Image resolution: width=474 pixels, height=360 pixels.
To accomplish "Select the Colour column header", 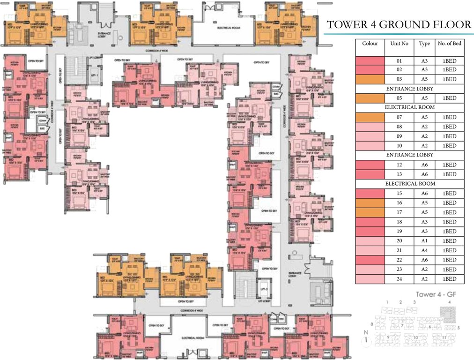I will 370,43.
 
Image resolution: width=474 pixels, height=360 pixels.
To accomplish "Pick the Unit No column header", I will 399,43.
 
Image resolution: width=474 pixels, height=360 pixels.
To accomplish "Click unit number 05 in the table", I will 399,98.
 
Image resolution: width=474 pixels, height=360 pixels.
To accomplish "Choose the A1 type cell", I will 424,241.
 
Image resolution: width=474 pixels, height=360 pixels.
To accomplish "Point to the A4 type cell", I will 424,250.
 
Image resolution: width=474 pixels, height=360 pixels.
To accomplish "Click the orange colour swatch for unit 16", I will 370,203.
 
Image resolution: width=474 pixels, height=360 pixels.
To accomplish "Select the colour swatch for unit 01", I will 370,60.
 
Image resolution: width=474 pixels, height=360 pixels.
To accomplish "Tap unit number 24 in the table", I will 399,279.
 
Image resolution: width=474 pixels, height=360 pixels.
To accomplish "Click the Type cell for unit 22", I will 424,260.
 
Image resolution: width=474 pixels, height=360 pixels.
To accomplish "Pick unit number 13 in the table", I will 399,174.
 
